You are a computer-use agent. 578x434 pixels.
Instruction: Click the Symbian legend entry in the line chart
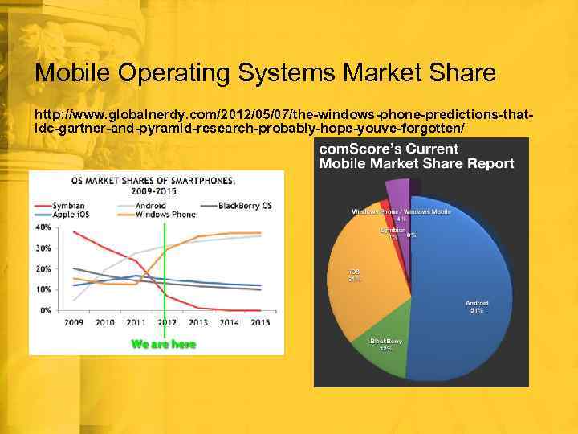pyautogui.click(x=63, y=206)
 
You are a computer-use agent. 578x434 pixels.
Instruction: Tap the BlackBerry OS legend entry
pyautogui.click(x=239, y=206)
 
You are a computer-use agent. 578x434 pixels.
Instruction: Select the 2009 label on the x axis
pyautogui.click(x=74, y=322)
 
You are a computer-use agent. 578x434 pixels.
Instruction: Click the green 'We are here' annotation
pyautogui.click(x=164, y=344)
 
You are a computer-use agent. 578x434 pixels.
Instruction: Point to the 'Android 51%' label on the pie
pyautogui.click(x=477, y=306)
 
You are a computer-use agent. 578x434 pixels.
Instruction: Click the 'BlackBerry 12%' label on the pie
pyautogui.click(x=386, y=345)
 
